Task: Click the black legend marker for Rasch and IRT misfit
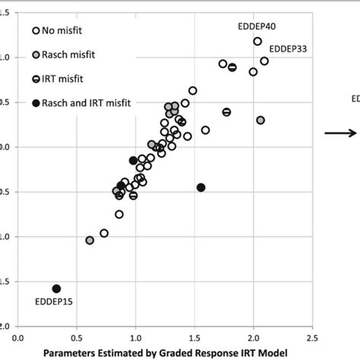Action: click(x=36, y=102)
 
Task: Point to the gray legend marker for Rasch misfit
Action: click(x=36, y=55)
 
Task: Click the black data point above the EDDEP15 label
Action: click(x=56, y=289)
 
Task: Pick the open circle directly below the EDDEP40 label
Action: click(x=257, y=41)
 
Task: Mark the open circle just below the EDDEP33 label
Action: click(x=264, y=61)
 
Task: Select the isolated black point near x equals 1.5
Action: click(x=201, y=187)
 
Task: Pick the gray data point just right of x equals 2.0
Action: click(x=261, y=120)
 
